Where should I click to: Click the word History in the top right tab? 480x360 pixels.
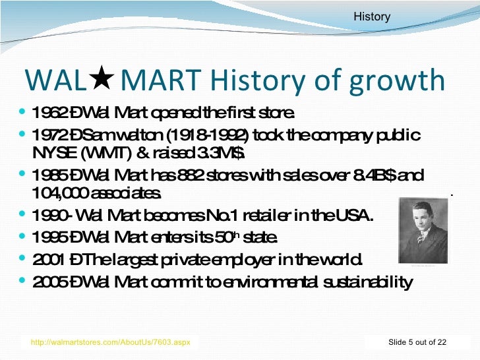pyautogui.click(x=372, y=16)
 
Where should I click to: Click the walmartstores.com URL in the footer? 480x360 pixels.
pyautogui.click(x=111, y=342)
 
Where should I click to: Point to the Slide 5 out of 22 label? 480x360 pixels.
pyautogui.click(x=417, y=342)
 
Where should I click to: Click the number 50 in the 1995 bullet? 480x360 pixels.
pyautogui.click(x=220, y=237)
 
